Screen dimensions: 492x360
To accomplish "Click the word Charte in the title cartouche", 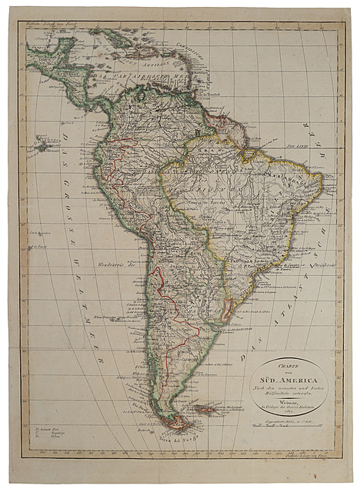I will pos(289,367).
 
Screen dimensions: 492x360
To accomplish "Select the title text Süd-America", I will pos(289,377).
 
